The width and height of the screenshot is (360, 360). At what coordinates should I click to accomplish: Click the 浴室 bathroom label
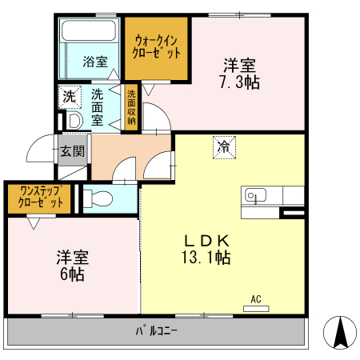pyautogui.click(x=95, y=62)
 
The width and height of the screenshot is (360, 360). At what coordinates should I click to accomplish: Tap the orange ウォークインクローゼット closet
pyautogui.click(x=156, y=47)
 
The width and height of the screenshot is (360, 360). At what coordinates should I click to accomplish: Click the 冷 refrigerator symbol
pyautogui.click(x=225, y=146)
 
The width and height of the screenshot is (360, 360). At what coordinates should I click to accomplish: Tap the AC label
pyautogui.click(x=257, y=299)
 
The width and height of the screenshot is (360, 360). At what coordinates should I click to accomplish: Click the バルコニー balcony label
pyautogui.click(x=156, y=330)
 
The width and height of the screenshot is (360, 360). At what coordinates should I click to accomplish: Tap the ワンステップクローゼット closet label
pyautogui.click(x=38, y=198)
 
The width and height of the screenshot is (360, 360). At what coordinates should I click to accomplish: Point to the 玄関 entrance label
pyautogui.click(x=71, y=150)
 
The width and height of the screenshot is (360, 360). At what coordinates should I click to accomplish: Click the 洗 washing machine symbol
pyautogui.click(x=69, y=96)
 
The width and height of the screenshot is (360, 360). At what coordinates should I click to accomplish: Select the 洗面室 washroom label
pyautogui.click(x=97, y=106)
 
